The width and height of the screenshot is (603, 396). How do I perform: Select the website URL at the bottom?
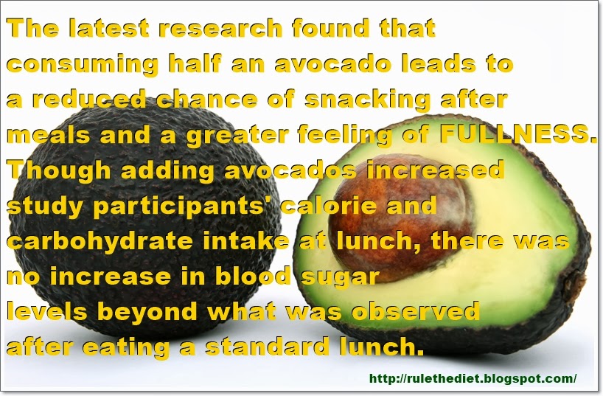coord(473,378)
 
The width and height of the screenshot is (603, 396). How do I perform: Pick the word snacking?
coord(377,99)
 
